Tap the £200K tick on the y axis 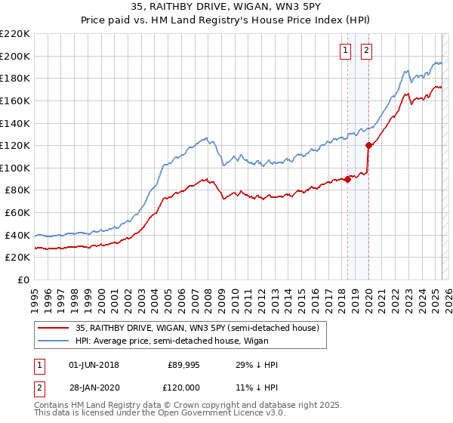(x=15, y=56)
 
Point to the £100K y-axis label (x=15, y=168)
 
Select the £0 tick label (x=23, y=280)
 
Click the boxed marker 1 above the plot (x=345, y=51)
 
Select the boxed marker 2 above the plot (x=366, y=51)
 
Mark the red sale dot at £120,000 (x=369, y=145)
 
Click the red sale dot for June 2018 (x=348, y=179)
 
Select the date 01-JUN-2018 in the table (x=94, y=365)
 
